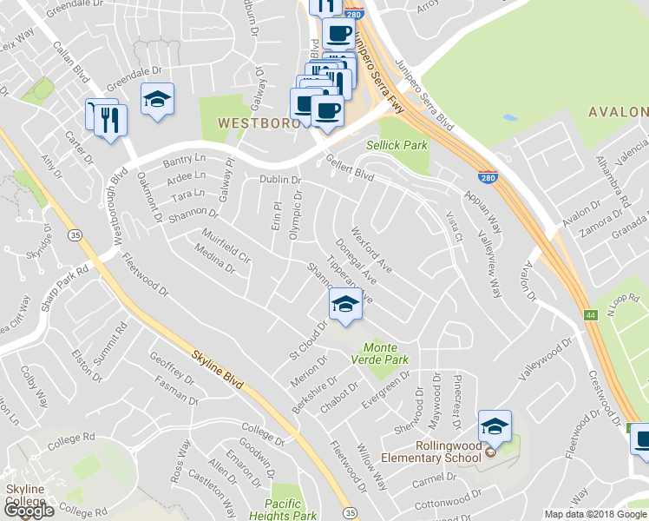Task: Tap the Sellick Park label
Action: [x=397, y=145]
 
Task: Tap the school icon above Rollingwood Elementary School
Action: [x=495, y=425]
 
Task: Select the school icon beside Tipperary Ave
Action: [x=345, y=305]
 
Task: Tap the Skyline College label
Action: [x=26, y=497]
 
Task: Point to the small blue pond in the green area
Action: [x=510, y=117]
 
